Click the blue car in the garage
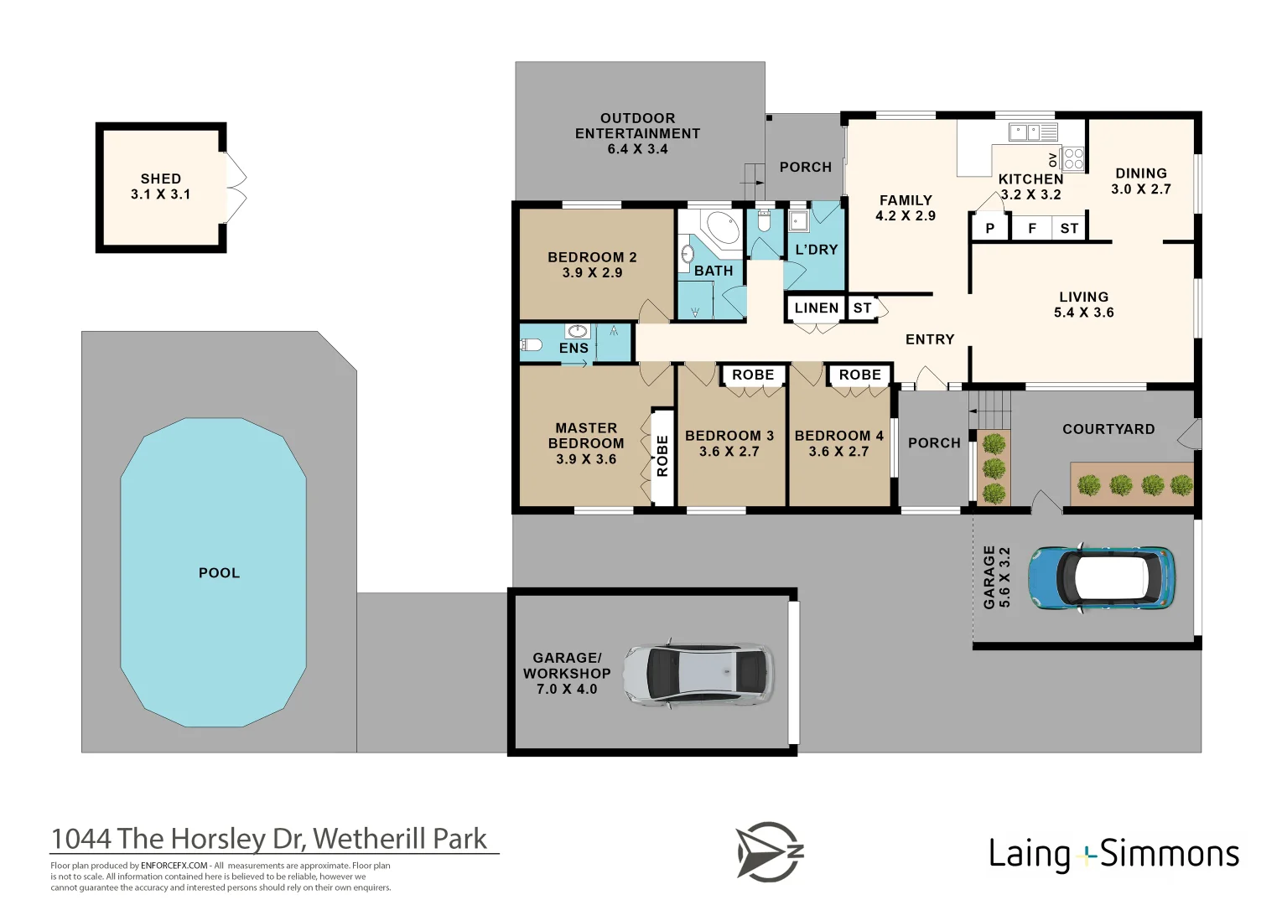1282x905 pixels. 1101,577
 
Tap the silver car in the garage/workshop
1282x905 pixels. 698,673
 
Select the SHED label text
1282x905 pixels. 160,178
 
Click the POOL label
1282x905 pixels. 219,573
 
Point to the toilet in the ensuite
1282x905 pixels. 531,344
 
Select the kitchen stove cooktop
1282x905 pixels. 1073,158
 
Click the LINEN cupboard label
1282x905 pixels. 816,308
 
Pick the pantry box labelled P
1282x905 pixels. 989,228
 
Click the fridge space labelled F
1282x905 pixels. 1031,228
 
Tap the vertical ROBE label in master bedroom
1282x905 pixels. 662,456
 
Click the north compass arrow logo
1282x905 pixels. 769,851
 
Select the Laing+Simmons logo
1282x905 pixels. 1113,854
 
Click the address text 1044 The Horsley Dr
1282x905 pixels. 269,839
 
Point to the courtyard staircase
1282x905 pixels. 993,410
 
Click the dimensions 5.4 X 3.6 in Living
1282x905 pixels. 1083,313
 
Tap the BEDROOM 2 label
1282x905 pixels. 592,257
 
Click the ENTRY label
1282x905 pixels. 930,339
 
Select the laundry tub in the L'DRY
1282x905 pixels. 797,221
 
